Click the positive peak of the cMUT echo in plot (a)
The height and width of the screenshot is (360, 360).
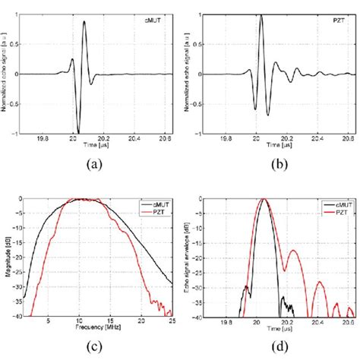coord(84,21)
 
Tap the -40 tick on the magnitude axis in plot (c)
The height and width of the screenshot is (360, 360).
coord(18,317)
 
